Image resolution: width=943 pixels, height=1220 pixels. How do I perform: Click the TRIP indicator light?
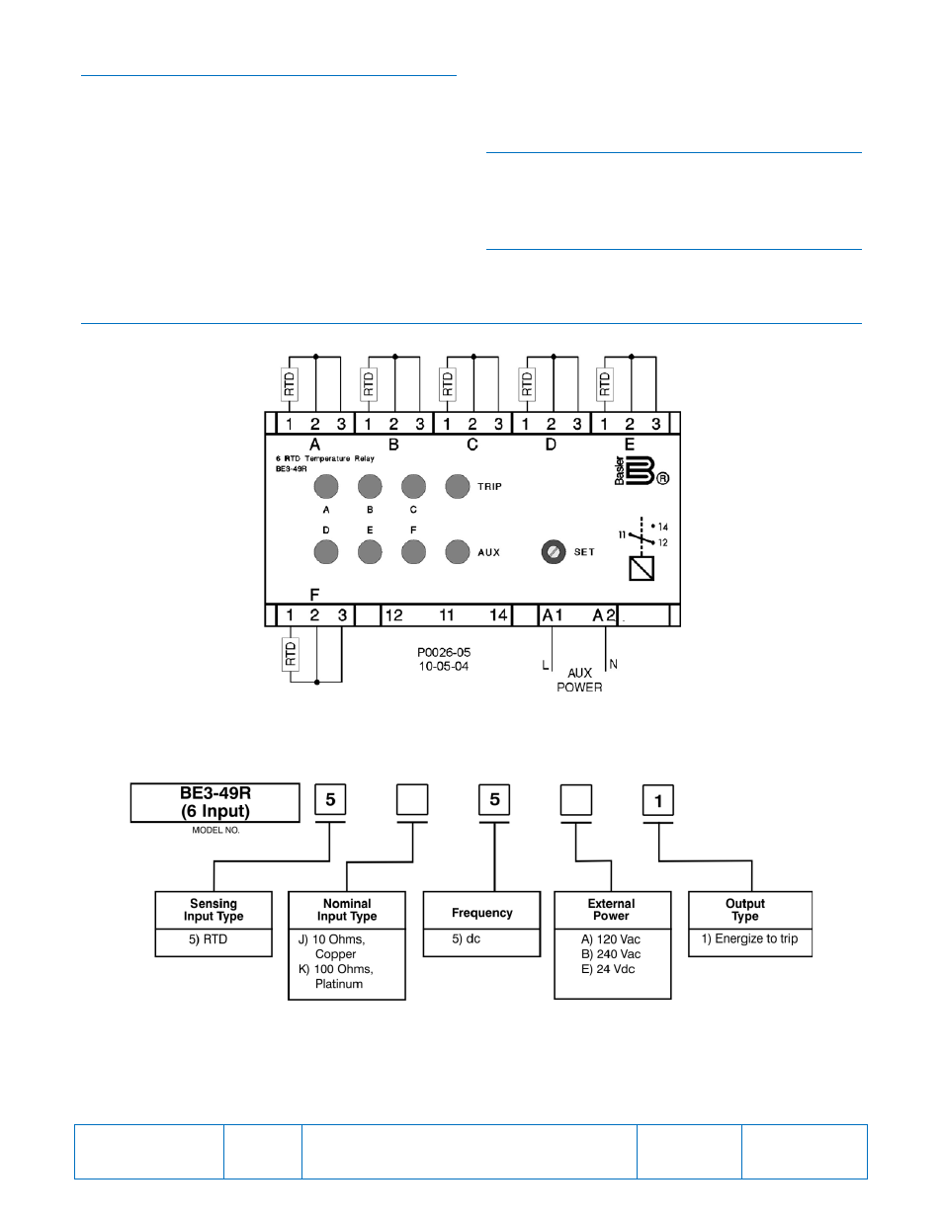pos(457,486)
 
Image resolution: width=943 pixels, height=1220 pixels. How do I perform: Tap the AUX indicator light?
pos(457,551)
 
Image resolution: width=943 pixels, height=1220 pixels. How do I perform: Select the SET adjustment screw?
pos(554,551)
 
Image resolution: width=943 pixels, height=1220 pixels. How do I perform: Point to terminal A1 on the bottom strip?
pos(553,615)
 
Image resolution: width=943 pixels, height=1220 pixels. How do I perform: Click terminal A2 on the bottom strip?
pos(603,615)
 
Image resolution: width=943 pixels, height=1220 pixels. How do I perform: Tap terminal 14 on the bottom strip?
pos(498,615)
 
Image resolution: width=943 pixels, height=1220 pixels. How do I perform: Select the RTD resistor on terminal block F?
pos(291,654)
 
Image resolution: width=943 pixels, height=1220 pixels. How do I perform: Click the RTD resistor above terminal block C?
pos(447,383)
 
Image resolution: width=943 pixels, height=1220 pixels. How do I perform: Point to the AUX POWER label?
pos(579,680)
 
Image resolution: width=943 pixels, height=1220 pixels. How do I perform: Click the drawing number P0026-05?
pos(444,653)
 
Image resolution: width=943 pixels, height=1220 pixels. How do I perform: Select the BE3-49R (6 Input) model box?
pos(215,802)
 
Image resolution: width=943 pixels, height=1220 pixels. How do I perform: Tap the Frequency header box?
pos(482,913)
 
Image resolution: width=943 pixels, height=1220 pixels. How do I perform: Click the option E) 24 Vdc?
pos(608,969)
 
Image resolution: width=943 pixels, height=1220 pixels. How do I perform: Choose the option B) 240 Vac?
pos(611,954)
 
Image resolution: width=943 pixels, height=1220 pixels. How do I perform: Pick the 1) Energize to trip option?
pos(749,938)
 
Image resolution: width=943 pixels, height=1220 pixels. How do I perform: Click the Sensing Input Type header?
pos(214,910)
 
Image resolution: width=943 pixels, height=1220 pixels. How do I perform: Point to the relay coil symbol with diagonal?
pos(642,568)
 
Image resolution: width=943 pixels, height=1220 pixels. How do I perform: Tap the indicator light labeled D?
pos(326,551)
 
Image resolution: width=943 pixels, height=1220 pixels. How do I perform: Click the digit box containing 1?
pos(658,800)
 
